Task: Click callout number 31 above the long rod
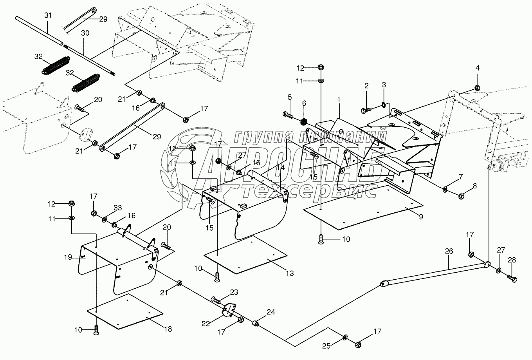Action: [x=48, y=15]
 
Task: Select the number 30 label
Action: [x=85, y=33]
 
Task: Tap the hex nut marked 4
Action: [x=477, y=88]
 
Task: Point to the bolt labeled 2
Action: [x=366, y=110]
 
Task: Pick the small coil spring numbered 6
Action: [x=304, y=122]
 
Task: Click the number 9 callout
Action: [x=421, y=217]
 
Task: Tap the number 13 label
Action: [x=290, y=273]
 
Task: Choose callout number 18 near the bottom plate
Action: [x=168, y=329]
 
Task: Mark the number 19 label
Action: [x=68, y=257]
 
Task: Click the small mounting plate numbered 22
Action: [x=229, y=311]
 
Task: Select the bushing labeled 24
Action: [x=255, y=324]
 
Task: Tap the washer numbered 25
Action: [x=345, y=337]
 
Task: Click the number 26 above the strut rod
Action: [x=449, y=251]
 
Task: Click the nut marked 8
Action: [x=461, y=196]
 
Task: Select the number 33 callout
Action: [x=118, y=208]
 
